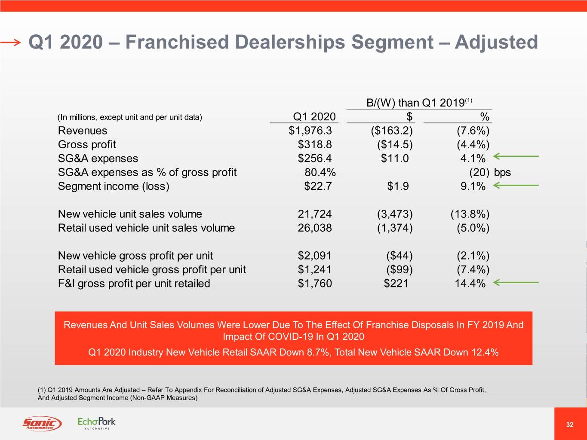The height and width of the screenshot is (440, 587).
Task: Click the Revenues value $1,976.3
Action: point(310,131)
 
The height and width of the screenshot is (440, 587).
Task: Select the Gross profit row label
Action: point(87,144)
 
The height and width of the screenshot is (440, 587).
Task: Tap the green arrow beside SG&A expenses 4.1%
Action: point(516,156)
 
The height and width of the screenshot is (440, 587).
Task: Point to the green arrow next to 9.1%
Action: point(516,186)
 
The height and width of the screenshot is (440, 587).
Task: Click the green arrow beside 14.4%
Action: point(516,283)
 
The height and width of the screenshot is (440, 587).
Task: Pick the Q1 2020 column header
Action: point(314,117)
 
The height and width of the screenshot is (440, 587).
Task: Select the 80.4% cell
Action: point(320,172)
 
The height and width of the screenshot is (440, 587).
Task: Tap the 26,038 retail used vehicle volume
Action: point(315,228)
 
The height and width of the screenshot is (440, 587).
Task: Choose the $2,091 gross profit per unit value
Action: point(315,256)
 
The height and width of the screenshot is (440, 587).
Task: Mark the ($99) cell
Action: point(399,269)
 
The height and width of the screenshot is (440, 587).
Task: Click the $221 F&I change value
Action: point(396,284)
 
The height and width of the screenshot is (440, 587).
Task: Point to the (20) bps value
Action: point(489,172)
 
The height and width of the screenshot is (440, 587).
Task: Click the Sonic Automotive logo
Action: point(42,424)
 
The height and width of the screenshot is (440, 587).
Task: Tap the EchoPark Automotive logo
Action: point(97,423)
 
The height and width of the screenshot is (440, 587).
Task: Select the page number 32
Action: point(570,425)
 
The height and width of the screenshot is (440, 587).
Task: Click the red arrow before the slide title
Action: point(10,42)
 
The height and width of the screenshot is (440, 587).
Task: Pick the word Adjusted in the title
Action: point(496,42)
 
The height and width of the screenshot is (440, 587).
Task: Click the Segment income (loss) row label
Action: point(114,186)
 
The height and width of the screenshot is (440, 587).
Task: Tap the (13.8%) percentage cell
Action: point(470,214)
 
